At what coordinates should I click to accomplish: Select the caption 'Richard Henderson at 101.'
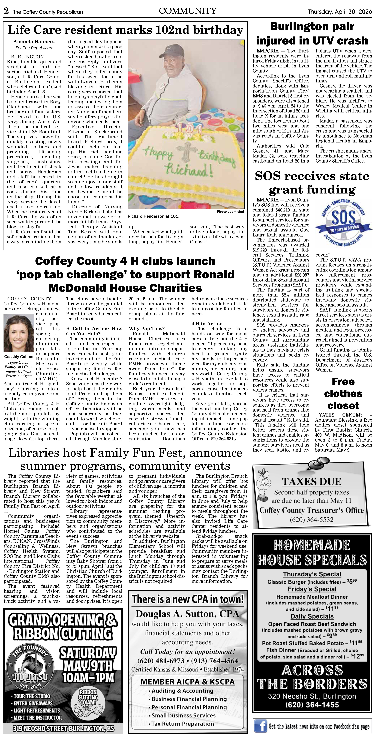pyautogui.click(x=153, y=216)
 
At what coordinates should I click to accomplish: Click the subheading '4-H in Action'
pyautogui.click(x=207, y=324)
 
